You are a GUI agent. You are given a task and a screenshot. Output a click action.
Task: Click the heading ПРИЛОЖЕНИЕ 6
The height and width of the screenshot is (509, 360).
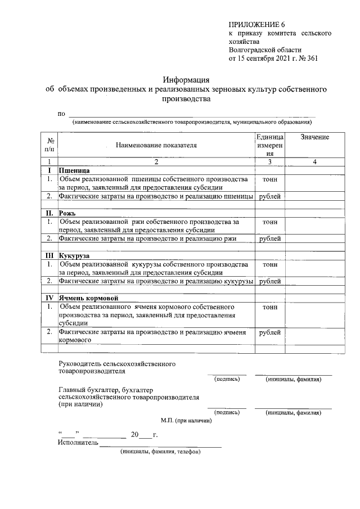pyautogui.click(x=258, y=25)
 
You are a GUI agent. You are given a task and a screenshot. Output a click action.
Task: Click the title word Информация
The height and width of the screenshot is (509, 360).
pyautogui.click(x=186, y=79)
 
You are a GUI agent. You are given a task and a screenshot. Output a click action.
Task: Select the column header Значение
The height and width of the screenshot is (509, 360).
pyautogui.click(x=314, y=138)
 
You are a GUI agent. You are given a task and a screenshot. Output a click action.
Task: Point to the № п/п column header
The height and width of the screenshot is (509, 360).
pyautogui.click(x=50, y=145)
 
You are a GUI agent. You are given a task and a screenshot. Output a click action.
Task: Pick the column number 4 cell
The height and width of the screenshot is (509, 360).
pyautogui.click(x=314, y=162)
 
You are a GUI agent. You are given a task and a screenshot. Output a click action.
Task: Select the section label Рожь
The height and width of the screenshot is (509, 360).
pyautogui.click(x=67, y=213)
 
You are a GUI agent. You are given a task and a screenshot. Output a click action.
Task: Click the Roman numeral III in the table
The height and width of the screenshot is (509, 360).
pyautogui.click(x=50, y=255)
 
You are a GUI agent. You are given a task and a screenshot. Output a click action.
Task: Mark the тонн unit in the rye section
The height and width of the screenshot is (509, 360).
pyautogui.click(x=270, y=222)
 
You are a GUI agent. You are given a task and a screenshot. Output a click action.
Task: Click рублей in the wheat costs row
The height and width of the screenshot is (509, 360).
pyautogui.click(x=270, y=196)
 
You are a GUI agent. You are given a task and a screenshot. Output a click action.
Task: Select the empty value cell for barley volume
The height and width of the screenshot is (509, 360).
pyautogui.click(x=314, y=316)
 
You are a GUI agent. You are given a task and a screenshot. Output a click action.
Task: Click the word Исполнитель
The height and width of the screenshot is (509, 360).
pyautogui.click(x=78, y=443)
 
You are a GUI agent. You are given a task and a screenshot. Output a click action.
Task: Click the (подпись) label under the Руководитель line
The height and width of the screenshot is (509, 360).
pyautogui.click(x=227, y=380)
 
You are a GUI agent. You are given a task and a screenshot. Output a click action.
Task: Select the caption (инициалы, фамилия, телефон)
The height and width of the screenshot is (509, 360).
pyautogui.click(x=160, y=452)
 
